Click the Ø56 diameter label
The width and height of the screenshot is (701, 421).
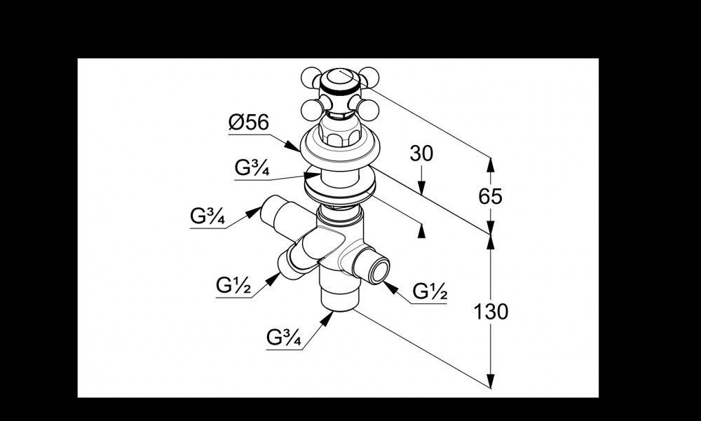tap(249, 122)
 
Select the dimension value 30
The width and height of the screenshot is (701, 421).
tap(421, 153)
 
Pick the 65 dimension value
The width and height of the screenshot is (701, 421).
tap(491, 197)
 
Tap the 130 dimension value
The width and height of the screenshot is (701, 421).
tap(491, 312)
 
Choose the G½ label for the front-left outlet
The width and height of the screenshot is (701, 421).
tap(233, 285)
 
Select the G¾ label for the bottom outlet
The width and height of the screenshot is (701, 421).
tap(284, 338)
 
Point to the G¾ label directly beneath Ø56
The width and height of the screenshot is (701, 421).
tap(252, 168)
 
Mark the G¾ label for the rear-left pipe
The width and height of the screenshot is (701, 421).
tap(207, 216)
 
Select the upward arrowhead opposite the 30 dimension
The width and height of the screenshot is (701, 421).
tap(421, 231)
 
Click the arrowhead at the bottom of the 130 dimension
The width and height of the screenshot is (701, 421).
tap(491, 380)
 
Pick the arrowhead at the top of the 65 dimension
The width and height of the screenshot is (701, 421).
tap(491, 165)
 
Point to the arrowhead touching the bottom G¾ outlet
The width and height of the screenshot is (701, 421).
tap(327, 318)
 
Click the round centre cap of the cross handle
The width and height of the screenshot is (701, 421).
tap(340, 78)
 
